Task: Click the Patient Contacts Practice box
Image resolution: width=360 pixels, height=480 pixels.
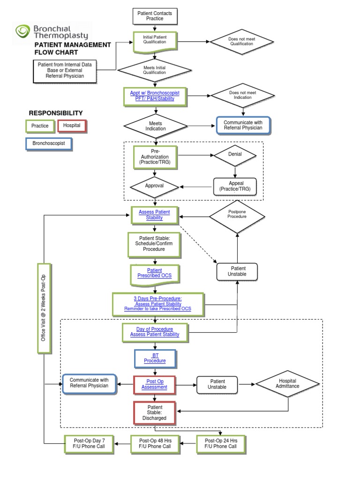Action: [154, 16]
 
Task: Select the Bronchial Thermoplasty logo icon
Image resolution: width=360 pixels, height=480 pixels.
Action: [22, 31]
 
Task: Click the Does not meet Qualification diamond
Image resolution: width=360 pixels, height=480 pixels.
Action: [241, 42]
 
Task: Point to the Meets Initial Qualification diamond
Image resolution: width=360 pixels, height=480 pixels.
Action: [154, 70]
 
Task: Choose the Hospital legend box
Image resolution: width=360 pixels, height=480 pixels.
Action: [72, 126]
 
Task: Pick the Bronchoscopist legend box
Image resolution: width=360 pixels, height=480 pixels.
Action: [49, 142]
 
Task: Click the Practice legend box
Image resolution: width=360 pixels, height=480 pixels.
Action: [40, 126]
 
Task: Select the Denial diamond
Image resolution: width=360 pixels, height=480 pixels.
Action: [235, 154]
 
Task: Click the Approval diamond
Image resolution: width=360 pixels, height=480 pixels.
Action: [154, 186]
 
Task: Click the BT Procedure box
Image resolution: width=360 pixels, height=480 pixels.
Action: [155, 359]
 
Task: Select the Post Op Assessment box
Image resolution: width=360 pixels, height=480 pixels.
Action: [155, 384]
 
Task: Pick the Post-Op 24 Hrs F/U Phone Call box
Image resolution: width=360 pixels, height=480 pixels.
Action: [220, 443]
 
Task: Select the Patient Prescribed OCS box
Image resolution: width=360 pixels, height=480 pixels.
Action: [154, 273]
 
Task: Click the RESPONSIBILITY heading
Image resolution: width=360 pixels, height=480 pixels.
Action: [56, 113]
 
